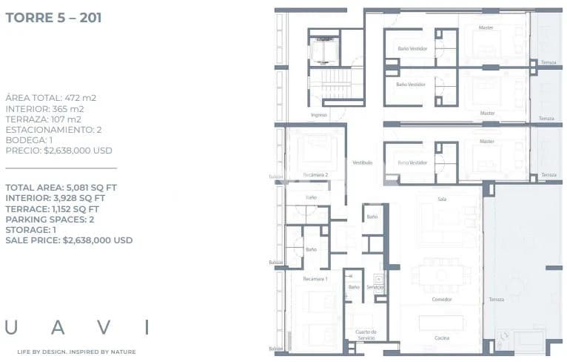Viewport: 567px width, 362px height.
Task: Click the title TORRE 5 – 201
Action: [53, 17]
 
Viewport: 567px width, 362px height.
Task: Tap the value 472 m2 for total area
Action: [82, 98]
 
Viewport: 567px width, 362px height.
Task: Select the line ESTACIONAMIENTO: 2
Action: [53, 129]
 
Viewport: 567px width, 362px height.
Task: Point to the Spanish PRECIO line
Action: [58, 150]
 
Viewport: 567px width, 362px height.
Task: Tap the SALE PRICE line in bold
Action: [69, 240]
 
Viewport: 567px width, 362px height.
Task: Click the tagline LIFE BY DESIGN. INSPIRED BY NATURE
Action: [76, 351]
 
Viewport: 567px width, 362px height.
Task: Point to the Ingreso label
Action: [319, 115]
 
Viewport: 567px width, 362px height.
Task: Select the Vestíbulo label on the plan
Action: [362, 162]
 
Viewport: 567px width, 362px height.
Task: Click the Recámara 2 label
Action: [316, 175]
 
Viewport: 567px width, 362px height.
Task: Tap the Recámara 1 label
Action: [315, 278]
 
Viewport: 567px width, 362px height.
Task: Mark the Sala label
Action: [443, 199]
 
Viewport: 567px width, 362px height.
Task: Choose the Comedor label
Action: [442, 299]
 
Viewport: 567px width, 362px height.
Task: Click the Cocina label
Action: [442, 338]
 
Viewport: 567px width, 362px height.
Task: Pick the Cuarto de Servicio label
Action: [366, 335]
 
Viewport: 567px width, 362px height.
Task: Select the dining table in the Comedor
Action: [442, 273]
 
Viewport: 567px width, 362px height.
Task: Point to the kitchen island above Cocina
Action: [441, 323]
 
